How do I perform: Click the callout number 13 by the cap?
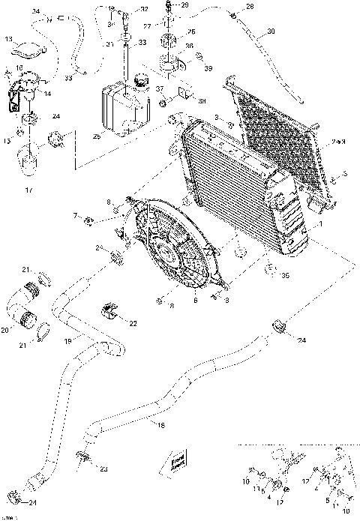tap(8, 38)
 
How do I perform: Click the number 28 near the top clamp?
tap(250, 7)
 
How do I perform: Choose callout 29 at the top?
tap(185, 6)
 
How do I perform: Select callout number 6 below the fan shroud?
tap(196, 300)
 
